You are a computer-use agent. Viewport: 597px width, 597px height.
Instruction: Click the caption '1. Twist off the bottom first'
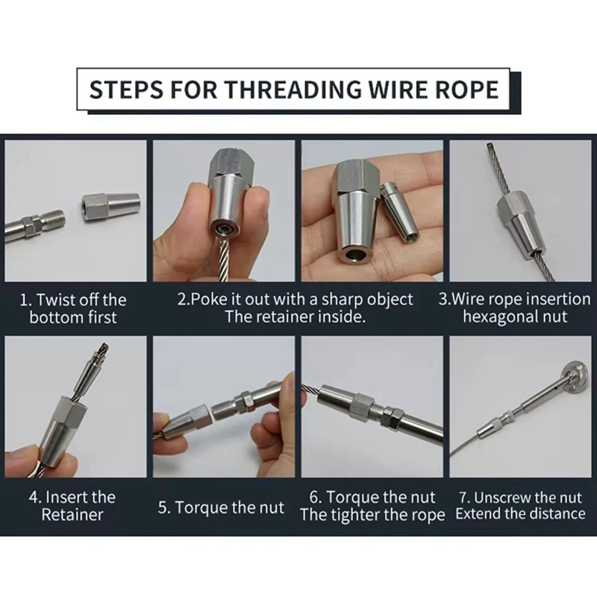point(73,308)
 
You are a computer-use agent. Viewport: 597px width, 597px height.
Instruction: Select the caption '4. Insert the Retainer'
point(72,506)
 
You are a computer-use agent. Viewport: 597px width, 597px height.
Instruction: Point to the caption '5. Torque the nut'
point(221,507)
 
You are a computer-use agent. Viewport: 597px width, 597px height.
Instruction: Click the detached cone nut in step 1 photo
point(110,207)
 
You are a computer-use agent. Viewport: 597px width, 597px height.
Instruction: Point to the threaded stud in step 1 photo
point(53,220)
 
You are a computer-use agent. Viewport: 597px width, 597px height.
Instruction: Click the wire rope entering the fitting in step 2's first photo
point(222,260)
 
